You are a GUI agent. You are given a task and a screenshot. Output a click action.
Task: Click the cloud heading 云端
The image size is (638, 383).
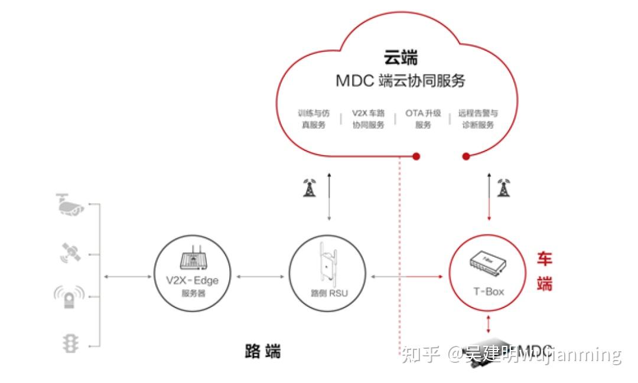[x=401, y=58]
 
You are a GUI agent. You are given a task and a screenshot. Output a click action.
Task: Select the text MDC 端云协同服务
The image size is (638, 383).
[x=401, y=81]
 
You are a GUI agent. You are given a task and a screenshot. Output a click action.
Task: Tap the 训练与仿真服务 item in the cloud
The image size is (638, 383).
[x=314, y=119]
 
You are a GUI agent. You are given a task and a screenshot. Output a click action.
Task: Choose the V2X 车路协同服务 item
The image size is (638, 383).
[x=368, y=119]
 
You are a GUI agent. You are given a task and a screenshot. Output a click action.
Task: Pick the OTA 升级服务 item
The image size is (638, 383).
[x=423, y=119]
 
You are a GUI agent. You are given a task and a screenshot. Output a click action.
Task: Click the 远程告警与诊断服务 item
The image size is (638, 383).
[x=477, y=119]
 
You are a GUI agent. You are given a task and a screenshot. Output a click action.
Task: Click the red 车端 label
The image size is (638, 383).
[x=544, y=271]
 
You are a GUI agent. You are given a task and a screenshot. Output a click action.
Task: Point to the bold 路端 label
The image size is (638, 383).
[x=263, y=352]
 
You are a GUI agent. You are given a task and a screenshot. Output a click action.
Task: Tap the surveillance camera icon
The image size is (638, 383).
[x=70, y=204]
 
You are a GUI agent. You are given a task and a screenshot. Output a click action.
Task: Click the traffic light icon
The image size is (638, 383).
[x=70, y=343]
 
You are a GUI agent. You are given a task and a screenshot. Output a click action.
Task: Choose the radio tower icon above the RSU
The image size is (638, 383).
[x=309, y=187]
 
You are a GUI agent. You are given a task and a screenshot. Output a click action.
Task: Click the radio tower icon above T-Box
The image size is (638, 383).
[x=503, y=187]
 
